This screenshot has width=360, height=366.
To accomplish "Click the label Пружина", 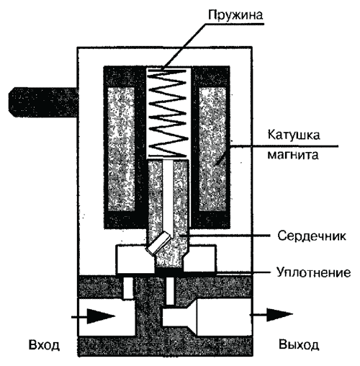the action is tap(235, 15).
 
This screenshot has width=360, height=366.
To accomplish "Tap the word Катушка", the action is tap(294, 135).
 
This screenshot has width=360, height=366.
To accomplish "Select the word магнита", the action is tap(293, 155).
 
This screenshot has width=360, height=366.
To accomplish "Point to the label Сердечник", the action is tap(312, 236).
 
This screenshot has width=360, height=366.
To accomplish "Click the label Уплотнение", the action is tap(314, 272).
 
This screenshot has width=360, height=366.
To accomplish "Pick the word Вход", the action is tap(44, 345).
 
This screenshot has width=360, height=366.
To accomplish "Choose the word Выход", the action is tap(299, 345).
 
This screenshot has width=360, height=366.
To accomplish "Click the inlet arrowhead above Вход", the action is tap(101, 316).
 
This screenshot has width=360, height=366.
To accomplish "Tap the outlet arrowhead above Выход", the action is tap(280, 314).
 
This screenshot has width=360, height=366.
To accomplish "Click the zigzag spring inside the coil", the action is tap(168, 113).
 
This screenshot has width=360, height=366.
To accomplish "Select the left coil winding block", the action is tap(121, 149).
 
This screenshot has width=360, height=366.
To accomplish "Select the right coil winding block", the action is tap(212, 149).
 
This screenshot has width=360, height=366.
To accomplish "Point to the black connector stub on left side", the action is tap(43, 102).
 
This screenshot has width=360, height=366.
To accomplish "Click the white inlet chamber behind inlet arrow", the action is tap(106, 316).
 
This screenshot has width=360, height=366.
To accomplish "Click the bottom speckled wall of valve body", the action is tap(166, 347).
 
